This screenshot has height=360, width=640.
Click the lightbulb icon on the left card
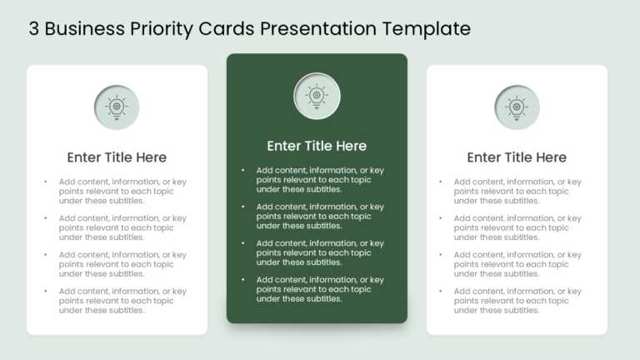point(117,107)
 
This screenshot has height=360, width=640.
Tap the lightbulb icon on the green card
point(317,96)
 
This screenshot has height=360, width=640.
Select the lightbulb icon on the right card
point(517,107)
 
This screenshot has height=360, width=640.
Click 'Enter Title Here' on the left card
point(117,157)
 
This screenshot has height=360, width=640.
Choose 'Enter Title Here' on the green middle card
point(317,146)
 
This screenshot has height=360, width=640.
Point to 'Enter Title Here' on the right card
point(517,157)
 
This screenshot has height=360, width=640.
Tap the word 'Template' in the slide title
point(427,29)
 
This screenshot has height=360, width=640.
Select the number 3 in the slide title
point(34,29)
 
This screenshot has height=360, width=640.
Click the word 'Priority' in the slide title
point(162,29)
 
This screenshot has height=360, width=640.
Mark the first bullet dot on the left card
point(45,182)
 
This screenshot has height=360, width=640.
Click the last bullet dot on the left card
point(45,292)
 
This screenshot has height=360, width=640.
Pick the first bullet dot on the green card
point(243,170)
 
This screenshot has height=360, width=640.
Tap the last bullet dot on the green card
point(243,280)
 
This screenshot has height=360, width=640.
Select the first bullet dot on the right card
point(440,182)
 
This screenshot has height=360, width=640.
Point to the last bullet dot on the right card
point(440,292)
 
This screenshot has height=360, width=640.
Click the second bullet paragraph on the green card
point(320,216)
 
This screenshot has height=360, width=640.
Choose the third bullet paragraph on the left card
point(122,264)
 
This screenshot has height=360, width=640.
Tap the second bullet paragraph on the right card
point(517,227)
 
